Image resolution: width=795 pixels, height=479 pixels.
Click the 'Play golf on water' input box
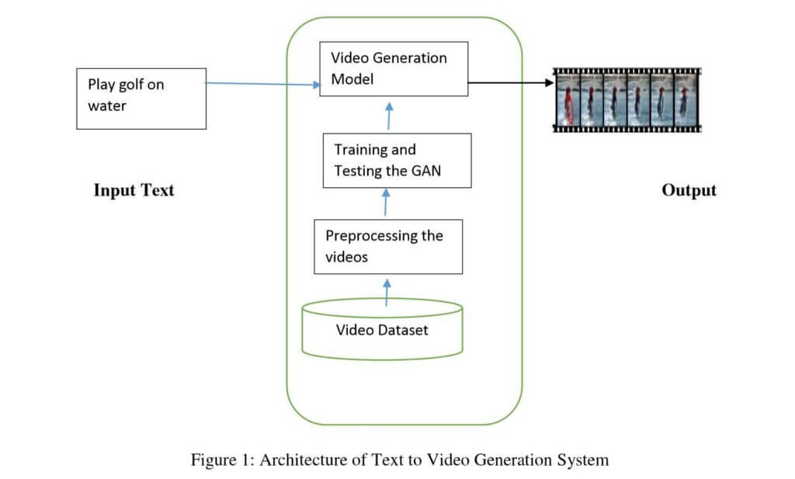(x=141, y=98)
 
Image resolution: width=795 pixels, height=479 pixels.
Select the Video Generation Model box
(x=394, y=69)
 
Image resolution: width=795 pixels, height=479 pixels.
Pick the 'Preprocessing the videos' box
(x=387, y=246)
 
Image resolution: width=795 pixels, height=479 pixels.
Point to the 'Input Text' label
(x=134, y=190)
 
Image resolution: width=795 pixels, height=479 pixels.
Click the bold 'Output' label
(x=689, y=190)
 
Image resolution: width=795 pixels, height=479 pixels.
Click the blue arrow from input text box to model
(x=264, y=84)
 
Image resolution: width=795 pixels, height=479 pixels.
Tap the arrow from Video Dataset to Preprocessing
(x=387, y=290)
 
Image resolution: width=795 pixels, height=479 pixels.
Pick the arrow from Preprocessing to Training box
(x=386, y=203)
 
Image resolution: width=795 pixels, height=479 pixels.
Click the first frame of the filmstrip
(x=568, y=101)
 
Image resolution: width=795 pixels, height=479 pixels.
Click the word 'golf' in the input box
(x=130, y=85)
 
